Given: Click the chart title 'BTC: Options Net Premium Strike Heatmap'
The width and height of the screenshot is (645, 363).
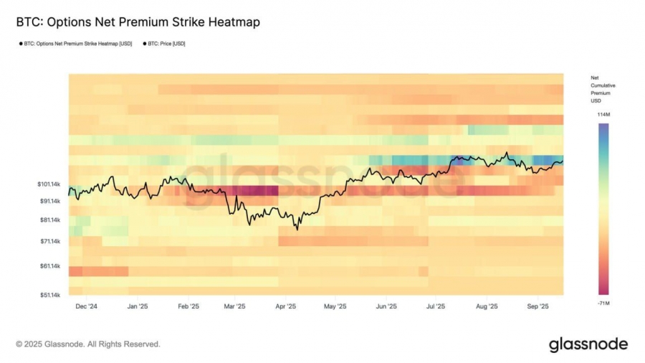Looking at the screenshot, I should (138, 22).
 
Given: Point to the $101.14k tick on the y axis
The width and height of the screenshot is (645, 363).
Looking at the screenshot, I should (49, 184).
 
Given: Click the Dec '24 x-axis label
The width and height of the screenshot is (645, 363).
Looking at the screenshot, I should (87, 306).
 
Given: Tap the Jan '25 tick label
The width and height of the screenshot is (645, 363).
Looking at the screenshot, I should (137, 306).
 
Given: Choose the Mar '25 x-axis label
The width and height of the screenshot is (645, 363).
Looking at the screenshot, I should (234, 306).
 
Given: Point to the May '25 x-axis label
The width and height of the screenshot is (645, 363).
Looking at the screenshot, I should (335, 306).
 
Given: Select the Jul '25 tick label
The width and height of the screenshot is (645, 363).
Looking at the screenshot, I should (435, 306).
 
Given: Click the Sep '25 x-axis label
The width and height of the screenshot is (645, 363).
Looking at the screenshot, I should (537, 306).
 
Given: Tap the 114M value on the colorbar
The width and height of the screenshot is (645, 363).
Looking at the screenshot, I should (603, 115).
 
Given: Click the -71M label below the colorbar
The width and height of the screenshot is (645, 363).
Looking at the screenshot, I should (603, 304).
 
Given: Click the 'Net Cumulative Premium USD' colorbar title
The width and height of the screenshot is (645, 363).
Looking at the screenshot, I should (602, 89).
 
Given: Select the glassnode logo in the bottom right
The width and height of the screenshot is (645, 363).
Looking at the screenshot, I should (588, 344).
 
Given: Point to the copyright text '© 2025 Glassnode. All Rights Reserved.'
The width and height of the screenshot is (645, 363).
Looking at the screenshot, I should (88, 344).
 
